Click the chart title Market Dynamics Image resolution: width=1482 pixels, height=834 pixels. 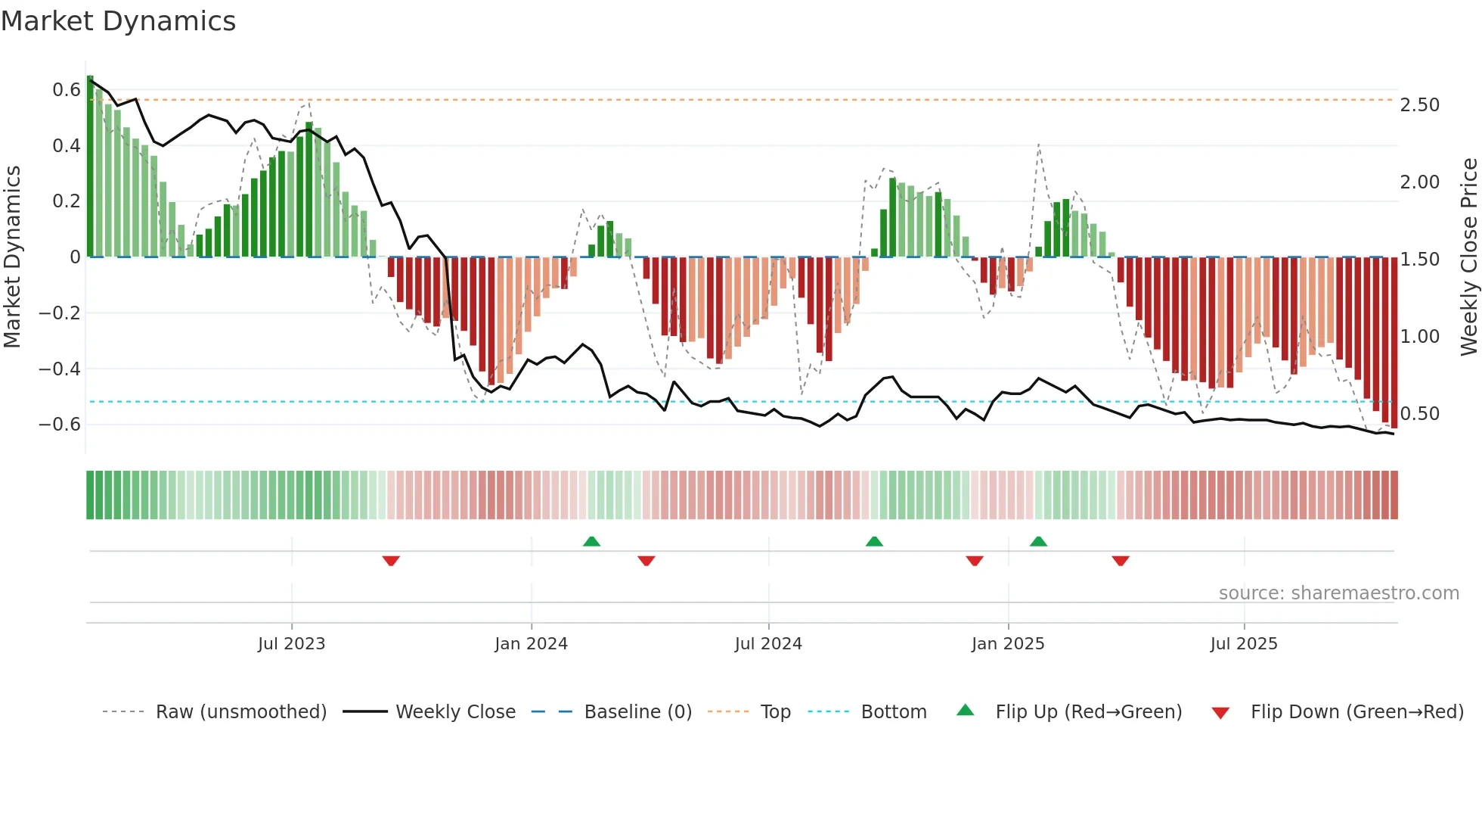pyautogui.click(x=119, y=21)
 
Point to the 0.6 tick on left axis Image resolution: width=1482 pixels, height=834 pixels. pyautogui.click(x=66, y=90)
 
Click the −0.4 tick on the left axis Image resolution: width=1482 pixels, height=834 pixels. pyautogui.click(x=59, y=369)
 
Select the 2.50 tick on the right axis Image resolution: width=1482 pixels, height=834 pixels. pyautogui.click(x=1419, y=105)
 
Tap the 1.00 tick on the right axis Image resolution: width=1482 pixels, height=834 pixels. pyautogui.click(x=1419, y=337)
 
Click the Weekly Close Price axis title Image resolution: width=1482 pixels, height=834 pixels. pyautogui.click(x=1468, y=257)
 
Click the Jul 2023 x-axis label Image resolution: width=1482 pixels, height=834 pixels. pyautogui.click(x=291, y=644)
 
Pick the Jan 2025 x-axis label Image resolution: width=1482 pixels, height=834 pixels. pyautogui.click(x=1008, y=644)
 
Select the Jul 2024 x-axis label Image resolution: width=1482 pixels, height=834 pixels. pyautogui.click(x=768, y=644)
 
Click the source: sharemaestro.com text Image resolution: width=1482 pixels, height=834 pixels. pyautogui.click(x=1338, y=593)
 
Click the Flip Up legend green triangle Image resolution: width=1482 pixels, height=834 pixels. pyautogui.click(x=966, y=710)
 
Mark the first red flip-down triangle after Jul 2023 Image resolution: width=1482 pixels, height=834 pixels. pyautogui.click(x=391, y=561)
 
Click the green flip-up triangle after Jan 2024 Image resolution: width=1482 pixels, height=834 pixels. pyautogui.click(x=591, y=541)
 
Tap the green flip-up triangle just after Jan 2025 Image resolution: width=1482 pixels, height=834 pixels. pyautogui.click(x=1038, y=541)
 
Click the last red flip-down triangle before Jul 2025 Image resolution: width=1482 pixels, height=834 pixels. pyautogui.click(x=1121, y=561)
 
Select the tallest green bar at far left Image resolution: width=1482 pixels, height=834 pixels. pyautogui.click(x=90, y=166)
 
